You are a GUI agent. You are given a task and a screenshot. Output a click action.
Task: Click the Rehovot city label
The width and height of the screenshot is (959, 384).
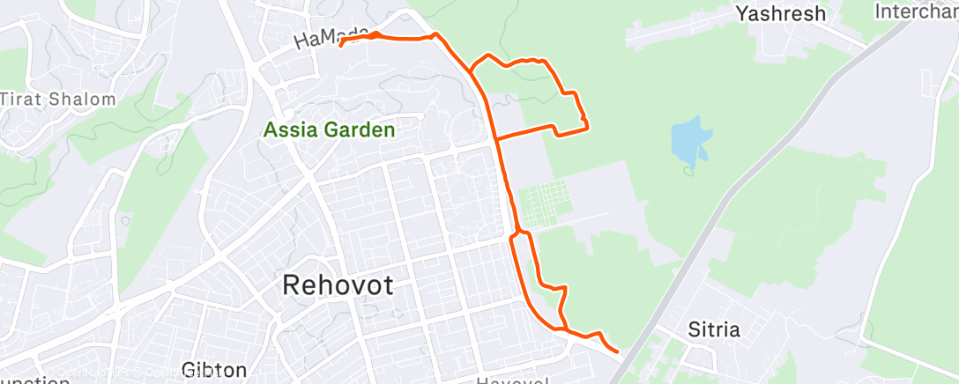[x=338, y=285]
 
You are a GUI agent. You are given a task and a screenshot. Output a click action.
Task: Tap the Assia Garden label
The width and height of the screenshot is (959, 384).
[x=329, y=130]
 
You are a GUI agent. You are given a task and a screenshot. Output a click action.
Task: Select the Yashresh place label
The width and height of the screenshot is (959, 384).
[x=781, y=13]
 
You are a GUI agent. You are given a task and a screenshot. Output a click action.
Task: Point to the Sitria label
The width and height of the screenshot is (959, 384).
[x=714, y=331]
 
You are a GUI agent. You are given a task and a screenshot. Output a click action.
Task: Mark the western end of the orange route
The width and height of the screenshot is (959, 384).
[x=340, y=45]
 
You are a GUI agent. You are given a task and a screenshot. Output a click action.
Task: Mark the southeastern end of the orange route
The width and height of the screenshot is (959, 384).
[x=616, y=351]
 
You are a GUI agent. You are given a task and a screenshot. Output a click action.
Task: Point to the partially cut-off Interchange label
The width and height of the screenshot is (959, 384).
[x=917, y=11]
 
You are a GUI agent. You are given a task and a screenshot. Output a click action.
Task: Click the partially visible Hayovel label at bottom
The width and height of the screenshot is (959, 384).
[x=513, y=380]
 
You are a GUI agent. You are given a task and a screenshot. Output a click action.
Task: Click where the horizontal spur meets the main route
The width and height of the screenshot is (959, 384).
[x=496, y=139]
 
